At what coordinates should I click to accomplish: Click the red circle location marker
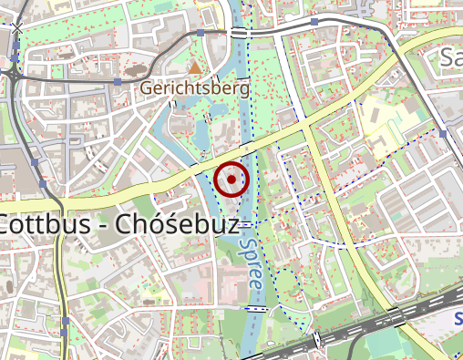pyautogui.click(x=232, y=179)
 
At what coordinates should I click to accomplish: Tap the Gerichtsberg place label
pyautogui.click(x=194, y=89)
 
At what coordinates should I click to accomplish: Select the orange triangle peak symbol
pyautogui.click(x=194, y=67)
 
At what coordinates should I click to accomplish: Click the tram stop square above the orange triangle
pyautogui.click(x=200, y=33)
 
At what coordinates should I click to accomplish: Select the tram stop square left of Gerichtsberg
pyautogui.click(x=119, y=82)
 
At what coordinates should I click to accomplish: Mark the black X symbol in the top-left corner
pyautogui.click(x=16, y=30)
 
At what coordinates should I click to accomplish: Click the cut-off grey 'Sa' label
pyautogui.click(x=451, y=59)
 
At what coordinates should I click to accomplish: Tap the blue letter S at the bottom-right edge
pyautogui.click(x=458, y=319)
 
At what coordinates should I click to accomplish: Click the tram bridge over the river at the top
pyautogui.click(x=240, y=33)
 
